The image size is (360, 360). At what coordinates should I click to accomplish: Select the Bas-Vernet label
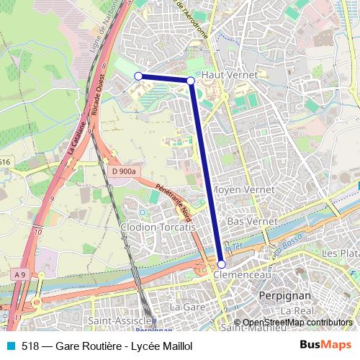tap(247, 222)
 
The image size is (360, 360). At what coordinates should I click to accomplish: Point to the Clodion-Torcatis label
tap(159, 227)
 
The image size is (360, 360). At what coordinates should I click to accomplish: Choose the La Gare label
tap(183, 307)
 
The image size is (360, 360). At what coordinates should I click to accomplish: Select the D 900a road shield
tap(124, 171)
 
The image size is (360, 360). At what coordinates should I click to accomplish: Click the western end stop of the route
tap(138, 75)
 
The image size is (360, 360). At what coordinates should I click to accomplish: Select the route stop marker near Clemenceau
tap(221, 264)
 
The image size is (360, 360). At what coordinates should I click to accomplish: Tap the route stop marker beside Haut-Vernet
tap(190, 81)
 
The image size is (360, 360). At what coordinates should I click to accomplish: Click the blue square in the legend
tap(9, 346)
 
